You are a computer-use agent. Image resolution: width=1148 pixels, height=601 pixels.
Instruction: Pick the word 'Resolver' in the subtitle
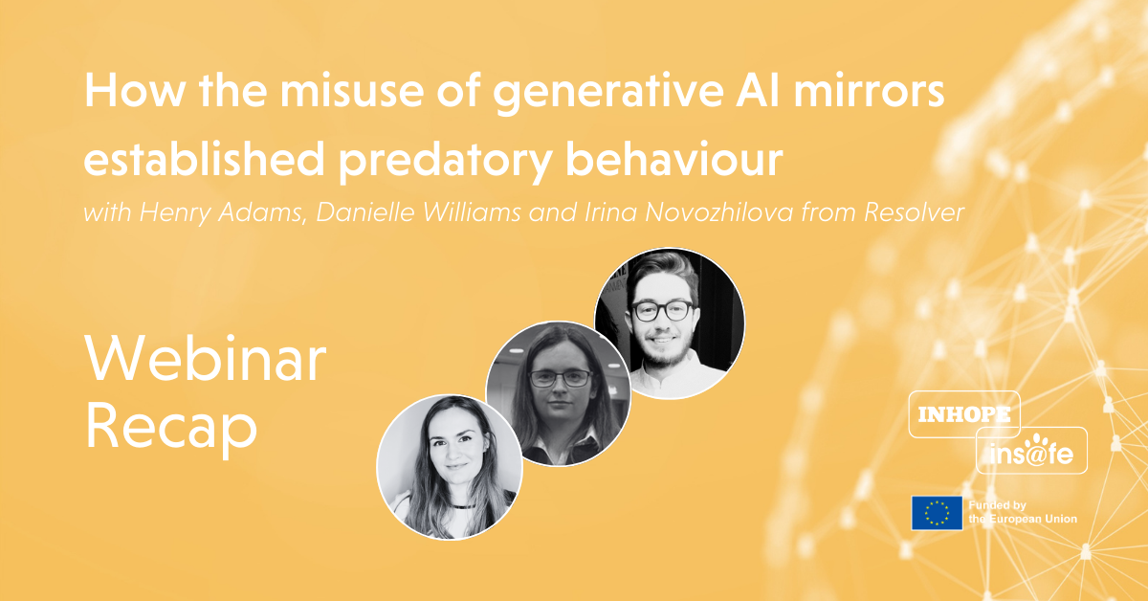coord(916,211)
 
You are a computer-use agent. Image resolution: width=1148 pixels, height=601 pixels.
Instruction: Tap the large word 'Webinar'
coord(205,365)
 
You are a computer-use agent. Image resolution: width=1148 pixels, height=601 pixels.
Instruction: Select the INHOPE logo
coord(963,415)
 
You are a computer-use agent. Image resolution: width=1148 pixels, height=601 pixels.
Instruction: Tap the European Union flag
coord(937,512)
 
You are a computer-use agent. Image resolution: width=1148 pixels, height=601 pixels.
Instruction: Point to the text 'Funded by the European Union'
coord(1022,512)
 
